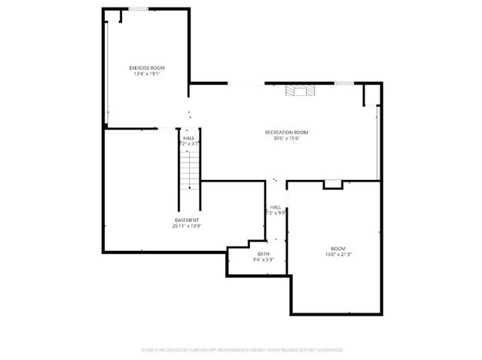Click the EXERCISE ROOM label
click(147, 68)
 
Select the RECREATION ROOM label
click(286, 133)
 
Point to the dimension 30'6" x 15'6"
click(286, 139)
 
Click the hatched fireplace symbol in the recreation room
click(298, 91)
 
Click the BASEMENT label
click(187, 220)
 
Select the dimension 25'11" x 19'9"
click(187, 226)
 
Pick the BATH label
click(263, 254)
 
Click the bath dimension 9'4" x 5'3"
click(263, 260)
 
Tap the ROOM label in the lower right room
click(338, 249)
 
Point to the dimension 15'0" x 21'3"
click(338, 255)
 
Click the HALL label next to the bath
click(276, 207)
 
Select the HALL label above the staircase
click(188, 139)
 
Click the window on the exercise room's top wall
click(138, 9)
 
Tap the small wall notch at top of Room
click(332, 184)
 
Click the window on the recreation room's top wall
click(344, 84)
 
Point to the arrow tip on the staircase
click(189, 187)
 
